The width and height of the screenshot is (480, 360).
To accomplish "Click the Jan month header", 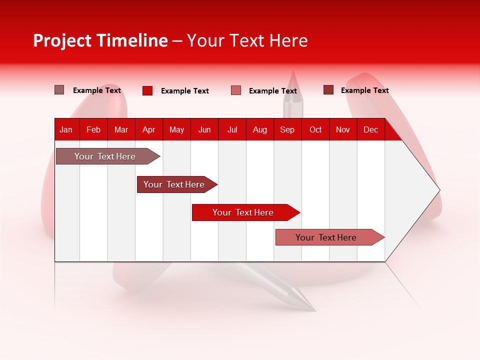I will (x=66, y=129).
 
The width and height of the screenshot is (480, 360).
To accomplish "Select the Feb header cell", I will (x=93, y=129).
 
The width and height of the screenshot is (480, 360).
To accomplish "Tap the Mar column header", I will (x=121, y=129).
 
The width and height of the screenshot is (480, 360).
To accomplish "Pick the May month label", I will (x=176, y=129).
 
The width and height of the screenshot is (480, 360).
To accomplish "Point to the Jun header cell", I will (x=204, y=129).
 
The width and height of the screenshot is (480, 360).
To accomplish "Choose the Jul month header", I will (x=232, y=129).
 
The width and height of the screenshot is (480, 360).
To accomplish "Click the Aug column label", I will (x=260, y=129).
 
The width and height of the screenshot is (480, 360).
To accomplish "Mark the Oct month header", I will (x=315, y=129).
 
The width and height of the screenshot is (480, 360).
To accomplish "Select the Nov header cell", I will (x=343, y=129).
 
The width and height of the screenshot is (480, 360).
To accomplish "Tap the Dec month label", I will (x=370, y=129).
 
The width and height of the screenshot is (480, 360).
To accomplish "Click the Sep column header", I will (x=287, y=129).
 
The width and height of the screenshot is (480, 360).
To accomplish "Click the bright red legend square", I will (x=147, y=90).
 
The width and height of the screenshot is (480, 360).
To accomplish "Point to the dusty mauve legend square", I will (x=59, y=90).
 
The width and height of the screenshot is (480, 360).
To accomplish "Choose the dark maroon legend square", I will (x=328, y=90).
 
